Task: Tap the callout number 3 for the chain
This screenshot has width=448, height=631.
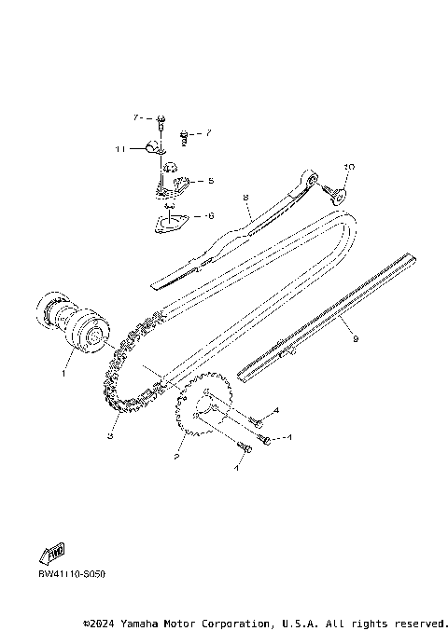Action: (109, 434)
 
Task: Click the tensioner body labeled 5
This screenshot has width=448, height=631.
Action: (175, 184)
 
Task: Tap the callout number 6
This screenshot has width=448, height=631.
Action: (210, 215)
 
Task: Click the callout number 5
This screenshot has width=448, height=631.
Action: (211, 181)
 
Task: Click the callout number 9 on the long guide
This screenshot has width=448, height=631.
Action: (355, 340)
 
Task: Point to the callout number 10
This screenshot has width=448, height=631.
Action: (349, 167)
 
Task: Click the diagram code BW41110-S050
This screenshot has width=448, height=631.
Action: (72, 575)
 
